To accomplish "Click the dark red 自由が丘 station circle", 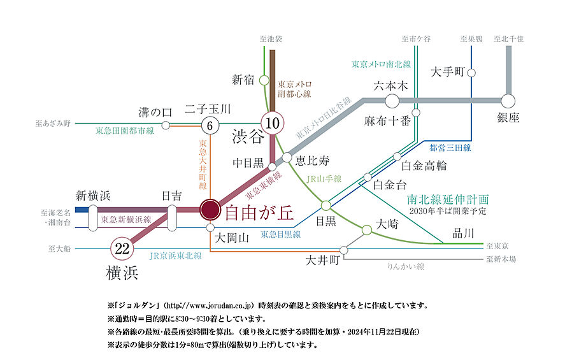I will tap(210, 209).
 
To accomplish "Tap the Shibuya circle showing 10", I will tap(273, 122).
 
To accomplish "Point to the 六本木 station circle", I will tap(392, 101).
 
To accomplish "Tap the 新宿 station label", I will tap(243, 80).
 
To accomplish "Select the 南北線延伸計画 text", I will tap(448, 199).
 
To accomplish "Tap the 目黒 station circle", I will tap(325, 205).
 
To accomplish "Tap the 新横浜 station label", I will tap(93, 195).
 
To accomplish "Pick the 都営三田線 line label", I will tap(450, 148).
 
